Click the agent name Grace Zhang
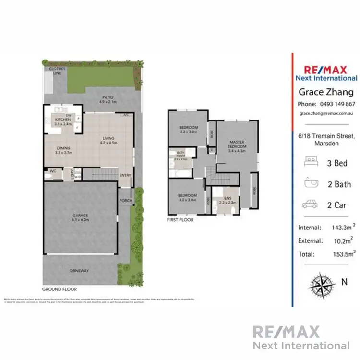click(326, 92)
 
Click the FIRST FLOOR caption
click(180, 220)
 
